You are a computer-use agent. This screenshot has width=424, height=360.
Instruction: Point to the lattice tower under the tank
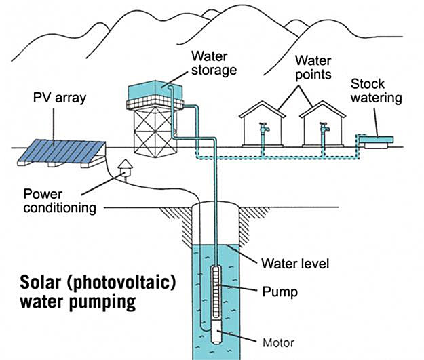click(x=157, y=128)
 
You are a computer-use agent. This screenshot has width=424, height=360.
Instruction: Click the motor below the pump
click(x=218, y=332)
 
